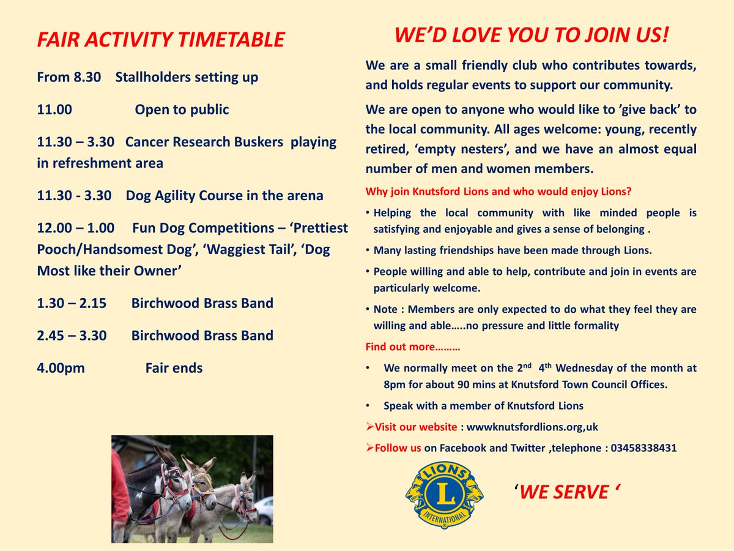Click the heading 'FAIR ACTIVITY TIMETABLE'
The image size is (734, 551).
[x=160, y=40]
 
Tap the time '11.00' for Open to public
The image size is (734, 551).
[x=54, y=110]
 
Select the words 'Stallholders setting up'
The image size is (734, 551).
[x=187, y=78]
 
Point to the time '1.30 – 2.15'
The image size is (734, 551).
[x=75, y=304]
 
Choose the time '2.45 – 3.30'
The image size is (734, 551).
[x=75, y=336]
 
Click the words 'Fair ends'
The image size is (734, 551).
[x=174, y=369]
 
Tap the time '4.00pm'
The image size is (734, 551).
[x=61, y=369]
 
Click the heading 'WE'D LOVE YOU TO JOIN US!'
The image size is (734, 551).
[x=531, y=36]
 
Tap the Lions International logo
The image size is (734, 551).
[x=445, y=495]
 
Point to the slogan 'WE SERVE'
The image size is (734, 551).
[x=563, y=492]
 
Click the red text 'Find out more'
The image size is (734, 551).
[x=412, y=347]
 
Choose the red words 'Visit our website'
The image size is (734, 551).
[x=415, y=427]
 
